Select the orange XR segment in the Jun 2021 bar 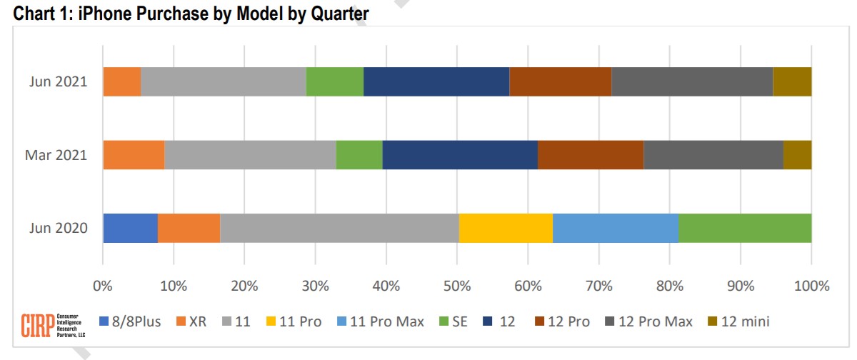(x=121, y=81)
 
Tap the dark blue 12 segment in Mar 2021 (x=460, y=155)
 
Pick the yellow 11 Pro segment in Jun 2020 (x=506, y=228)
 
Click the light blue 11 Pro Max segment (x=615, y=228)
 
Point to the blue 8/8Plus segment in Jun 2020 (x=130, y=228)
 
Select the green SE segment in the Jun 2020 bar (x=744, y=228)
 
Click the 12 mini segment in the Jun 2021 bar (x=792, y=81)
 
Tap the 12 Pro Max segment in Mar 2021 (x=713, y=155)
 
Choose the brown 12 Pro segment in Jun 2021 (x=560, y=81)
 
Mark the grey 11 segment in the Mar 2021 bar (x=250, y=155)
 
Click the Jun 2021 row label (x=59, y=81)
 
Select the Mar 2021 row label (x=58, y=155)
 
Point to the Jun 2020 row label (x=59, y=229)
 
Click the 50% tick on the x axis (x=457, y=286)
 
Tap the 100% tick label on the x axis (x=811, y=286)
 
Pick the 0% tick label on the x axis (x=103, y=286)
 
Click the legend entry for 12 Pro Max (x=648, y=321)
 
